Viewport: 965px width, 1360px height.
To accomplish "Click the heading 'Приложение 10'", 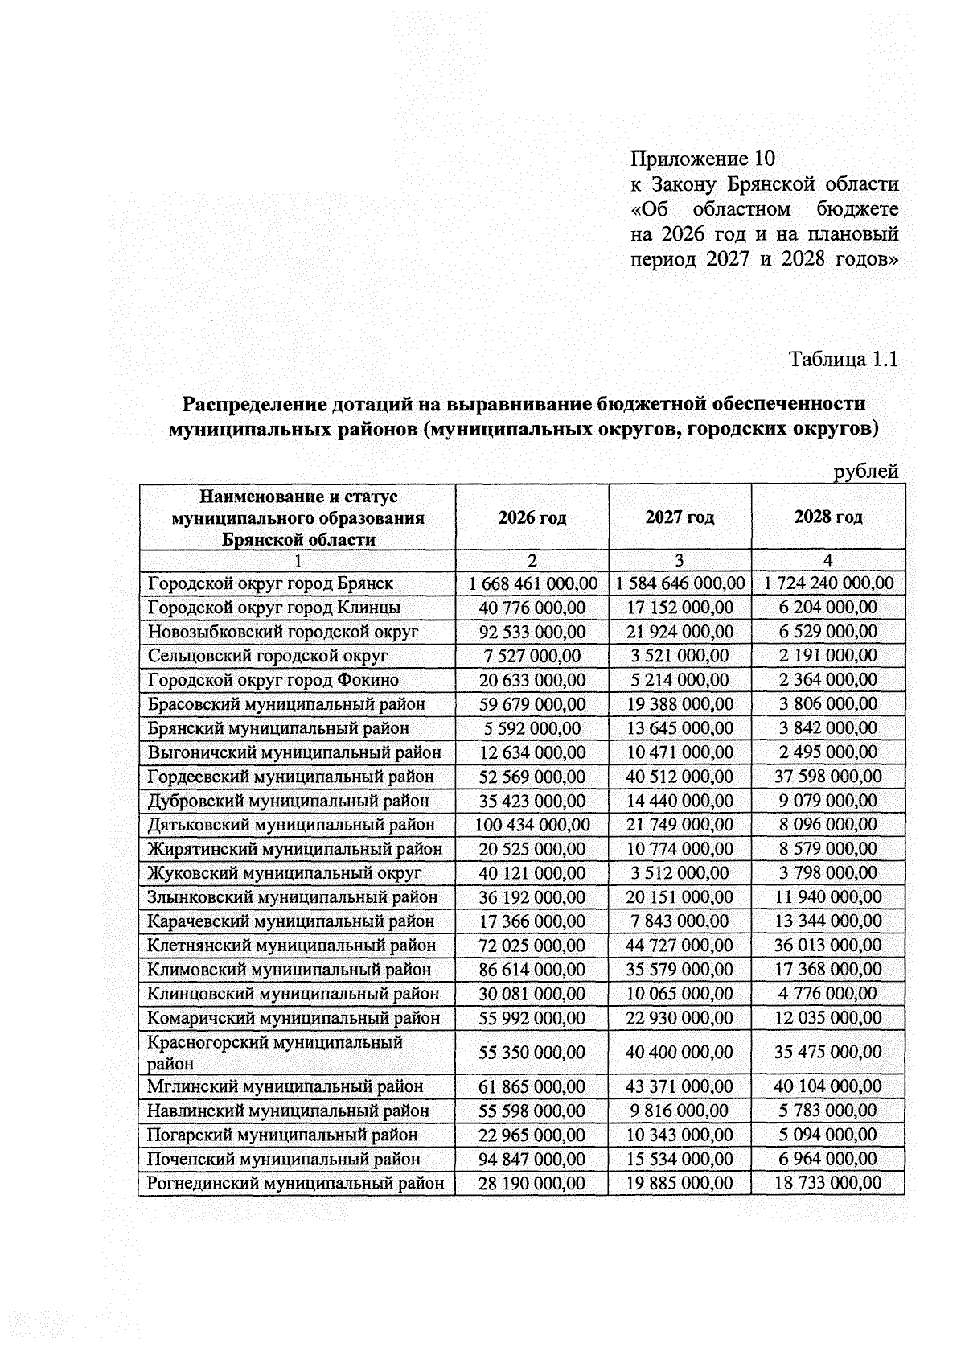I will [702, 158].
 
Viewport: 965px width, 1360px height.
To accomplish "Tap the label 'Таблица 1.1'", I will [843, 359].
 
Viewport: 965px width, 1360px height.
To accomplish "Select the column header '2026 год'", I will [532, 517].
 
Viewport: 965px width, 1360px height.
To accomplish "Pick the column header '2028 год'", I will [827, 517].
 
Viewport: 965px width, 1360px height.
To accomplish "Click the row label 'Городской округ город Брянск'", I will [270, 583].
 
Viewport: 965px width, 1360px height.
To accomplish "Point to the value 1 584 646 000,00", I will [680, 583].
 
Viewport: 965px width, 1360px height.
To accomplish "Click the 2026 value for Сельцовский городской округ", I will [532, 656].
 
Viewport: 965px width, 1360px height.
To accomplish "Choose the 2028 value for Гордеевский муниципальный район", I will [827, 777].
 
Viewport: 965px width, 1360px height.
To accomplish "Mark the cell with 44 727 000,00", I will [680, 946].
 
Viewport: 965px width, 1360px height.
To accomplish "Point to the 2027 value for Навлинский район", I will [680, 1111].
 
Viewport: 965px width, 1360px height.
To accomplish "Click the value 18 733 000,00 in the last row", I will [827, 1183].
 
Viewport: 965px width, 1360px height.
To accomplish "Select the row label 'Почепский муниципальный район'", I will [283, 1159].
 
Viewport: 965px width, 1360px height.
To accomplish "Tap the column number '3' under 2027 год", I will [680, 561].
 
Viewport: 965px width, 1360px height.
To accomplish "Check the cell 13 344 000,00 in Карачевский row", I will [827, 921].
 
